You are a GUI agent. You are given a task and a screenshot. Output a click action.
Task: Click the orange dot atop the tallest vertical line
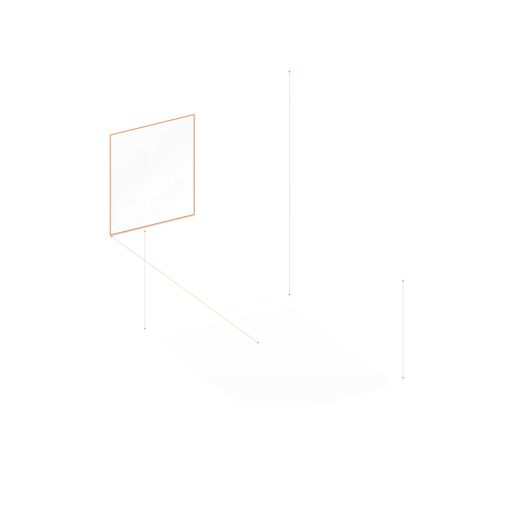pyautogui.click(x=289, y=71)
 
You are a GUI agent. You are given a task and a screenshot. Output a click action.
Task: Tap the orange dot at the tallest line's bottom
pyautogui.click(x=289, y=295)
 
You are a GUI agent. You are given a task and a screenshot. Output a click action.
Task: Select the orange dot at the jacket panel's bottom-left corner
pyautogui.click(x=112, y=236)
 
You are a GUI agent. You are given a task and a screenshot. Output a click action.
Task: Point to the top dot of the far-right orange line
pyautogui.click(x=403, y=281)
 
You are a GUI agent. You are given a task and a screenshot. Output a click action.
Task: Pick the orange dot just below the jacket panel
pyautogui.click(x=145, y=231)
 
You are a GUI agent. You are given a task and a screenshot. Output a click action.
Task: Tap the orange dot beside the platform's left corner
pyautogui.click(x=145, y=329)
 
